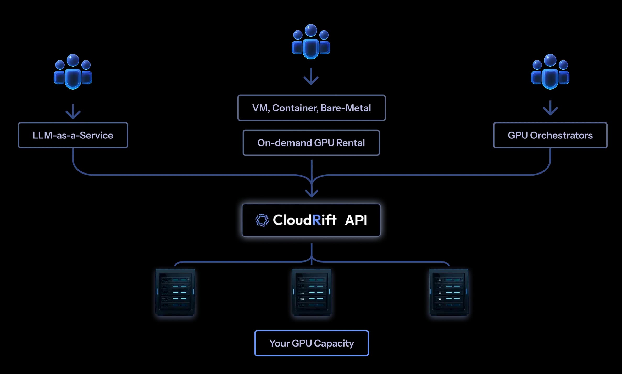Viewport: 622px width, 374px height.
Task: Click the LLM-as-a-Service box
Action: pyautogui.click(x=73, y=135)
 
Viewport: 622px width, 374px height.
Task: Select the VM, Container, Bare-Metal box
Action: pyautogui.click(x=311, y=108)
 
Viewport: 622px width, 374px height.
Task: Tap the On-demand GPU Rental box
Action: pyautogui.click(x=311, y=143)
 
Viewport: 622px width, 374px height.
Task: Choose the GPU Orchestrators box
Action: pyautogui.click(x=550, y=135)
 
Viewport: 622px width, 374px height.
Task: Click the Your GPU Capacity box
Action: pyautogui.click(x=311, y=343)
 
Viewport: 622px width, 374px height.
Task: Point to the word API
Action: pyautogui.click(x=356, y=220)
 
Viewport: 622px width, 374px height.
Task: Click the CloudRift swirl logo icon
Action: pyautogui.click(x=262, y=220)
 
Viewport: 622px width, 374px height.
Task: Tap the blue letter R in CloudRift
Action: pyautogui.click(x=316, y=220)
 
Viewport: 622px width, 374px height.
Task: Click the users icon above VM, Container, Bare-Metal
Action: pyautogui.click(x=311, y=42)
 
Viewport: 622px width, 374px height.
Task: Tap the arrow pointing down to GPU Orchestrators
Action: pyautogui.click(x=550, y=108)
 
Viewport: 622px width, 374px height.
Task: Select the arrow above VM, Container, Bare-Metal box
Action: pyautogui.click(x=311, y=76)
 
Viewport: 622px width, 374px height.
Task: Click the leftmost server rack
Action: pyautogui.click(x=175, y=292)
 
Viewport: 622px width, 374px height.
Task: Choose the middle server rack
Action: pyautogui.click(x=312, y=292)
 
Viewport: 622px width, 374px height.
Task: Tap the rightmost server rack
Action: pyautogui.click(x=448, y=292)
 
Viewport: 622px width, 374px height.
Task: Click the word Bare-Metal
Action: pyautogui.click(x=346, y=108)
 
